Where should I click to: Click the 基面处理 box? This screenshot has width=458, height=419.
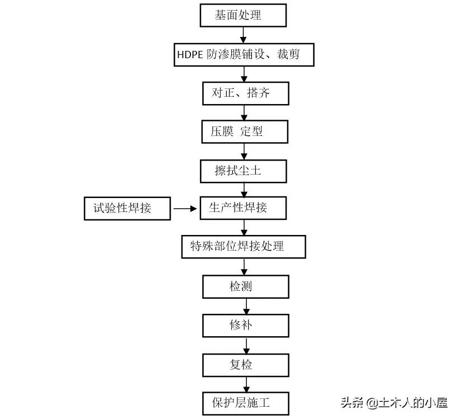pyautogui.click(x=243, y=16)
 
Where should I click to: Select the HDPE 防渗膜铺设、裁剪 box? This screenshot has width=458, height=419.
pyautogui.click(x=243, y=55)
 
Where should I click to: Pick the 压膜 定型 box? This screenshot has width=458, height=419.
pyautogui.click(x=245, y=132)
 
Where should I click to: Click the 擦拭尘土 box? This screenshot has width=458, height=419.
pyautogui.click(x=243, y=171)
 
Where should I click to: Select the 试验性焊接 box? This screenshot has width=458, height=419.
pyautogui.click(x=127, y=208)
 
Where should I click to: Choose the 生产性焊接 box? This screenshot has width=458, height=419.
pyautogui.click(x=243, y=208)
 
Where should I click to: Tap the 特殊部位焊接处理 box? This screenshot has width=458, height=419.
pyautogui.click(x=244, y=246)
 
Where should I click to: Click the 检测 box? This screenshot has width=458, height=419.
pyautogui.click(x=245, y=286)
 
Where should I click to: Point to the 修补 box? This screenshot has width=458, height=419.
pyautogui.click(x=245, y=325)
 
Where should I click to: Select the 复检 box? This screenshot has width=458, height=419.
pyautogui.click(x=245, y=365)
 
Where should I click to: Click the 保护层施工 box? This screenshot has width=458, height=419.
pyautogui.click(x=245, y=402)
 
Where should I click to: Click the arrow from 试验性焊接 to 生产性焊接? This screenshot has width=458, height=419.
pyautogui.click(x=185, y=209)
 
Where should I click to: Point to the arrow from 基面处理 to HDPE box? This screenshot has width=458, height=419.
pyautogui.click(x=244, y=35)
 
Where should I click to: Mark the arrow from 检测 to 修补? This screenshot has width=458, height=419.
pyautogui.click(x=246, y=306)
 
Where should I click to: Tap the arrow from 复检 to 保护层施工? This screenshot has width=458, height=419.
pyautogui.click(x=246, y=384)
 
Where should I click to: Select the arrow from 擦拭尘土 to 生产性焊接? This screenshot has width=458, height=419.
pyautogui.click(x=244, y=189)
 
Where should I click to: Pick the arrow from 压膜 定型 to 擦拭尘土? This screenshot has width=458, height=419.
pyautogui.click(x=244, y=152)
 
